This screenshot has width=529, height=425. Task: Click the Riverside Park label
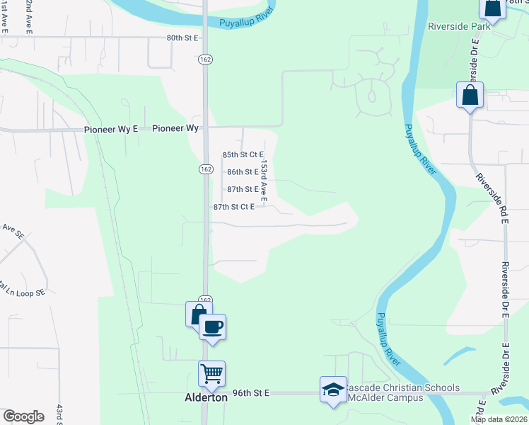(459, 26)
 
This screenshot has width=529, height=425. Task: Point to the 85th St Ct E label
(243, 154)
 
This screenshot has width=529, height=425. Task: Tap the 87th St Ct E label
(234, 207)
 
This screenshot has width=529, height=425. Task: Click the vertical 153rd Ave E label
(263, 181)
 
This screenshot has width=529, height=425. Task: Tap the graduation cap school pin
(333, 390)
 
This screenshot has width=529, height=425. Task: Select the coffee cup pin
(212, 327)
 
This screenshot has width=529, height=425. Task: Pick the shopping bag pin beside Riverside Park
(492, 8)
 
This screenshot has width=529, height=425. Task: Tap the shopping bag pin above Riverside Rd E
(470, 95)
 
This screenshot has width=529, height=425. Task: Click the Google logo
(23, 416)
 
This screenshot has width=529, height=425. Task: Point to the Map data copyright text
(499, 419)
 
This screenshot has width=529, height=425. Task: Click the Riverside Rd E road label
(492, 199)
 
